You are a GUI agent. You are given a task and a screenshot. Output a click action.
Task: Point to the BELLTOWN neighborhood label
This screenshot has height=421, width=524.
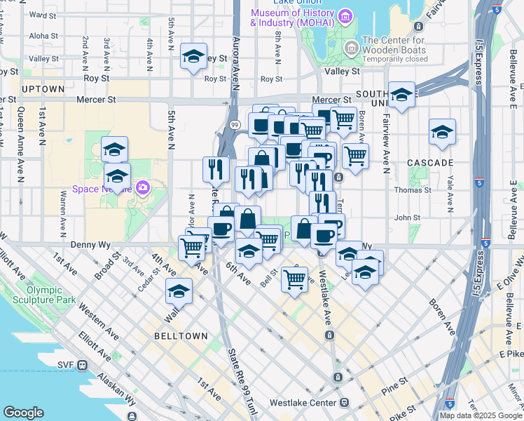point(181,336)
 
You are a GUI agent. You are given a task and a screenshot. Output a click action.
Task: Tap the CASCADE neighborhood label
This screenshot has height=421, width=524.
point(429,163)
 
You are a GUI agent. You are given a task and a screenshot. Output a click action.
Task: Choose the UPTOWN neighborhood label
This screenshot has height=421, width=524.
point(43,89)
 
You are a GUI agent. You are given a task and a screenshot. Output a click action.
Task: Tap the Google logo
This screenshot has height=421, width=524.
point(23,413)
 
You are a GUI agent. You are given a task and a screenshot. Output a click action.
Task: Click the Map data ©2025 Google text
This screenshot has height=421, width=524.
point(480,415)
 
